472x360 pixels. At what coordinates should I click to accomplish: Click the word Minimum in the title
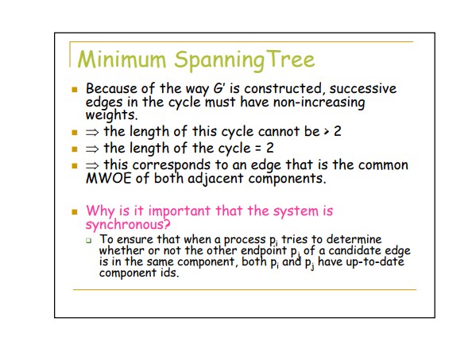(x=122, y=60)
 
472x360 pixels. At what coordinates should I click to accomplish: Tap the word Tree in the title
(x=290, y=60)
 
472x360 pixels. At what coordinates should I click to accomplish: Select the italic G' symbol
(x=219, y=89)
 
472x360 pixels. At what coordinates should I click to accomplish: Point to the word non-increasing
(x=319, y=103)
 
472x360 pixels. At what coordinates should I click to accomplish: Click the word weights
(x=111, y=115)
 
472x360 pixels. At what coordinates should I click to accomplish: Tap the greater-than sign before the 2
(x=327, y=132)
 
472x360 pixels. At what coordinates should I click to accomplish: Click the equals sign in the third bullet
(x=257, y=149)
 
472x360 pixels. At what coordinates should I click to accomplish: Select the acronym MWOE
(x=108, y=178)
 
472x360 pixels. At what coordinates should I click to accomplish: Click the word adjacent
(x=215, y=179)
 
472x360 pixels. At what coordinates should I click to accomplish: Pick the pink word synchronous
(x=128, y=225)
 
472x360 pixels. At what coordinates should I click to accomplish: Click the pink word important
(x=180, y=211)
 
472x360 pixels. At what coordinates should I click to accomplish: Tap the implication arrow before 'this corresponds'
(x=92, y=165)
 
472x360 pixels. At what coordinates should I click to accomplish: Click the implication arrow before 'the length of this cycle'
(x=92, y=132)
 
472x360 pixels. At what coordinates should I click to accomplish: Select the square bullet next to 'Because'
(x=75, y=89)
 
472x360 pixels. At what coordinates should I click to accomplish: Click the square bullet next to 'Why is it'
(x=75, y=212)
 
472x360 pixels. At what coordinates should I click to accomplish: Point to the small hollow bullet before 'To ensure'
(x=88, y=240)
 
